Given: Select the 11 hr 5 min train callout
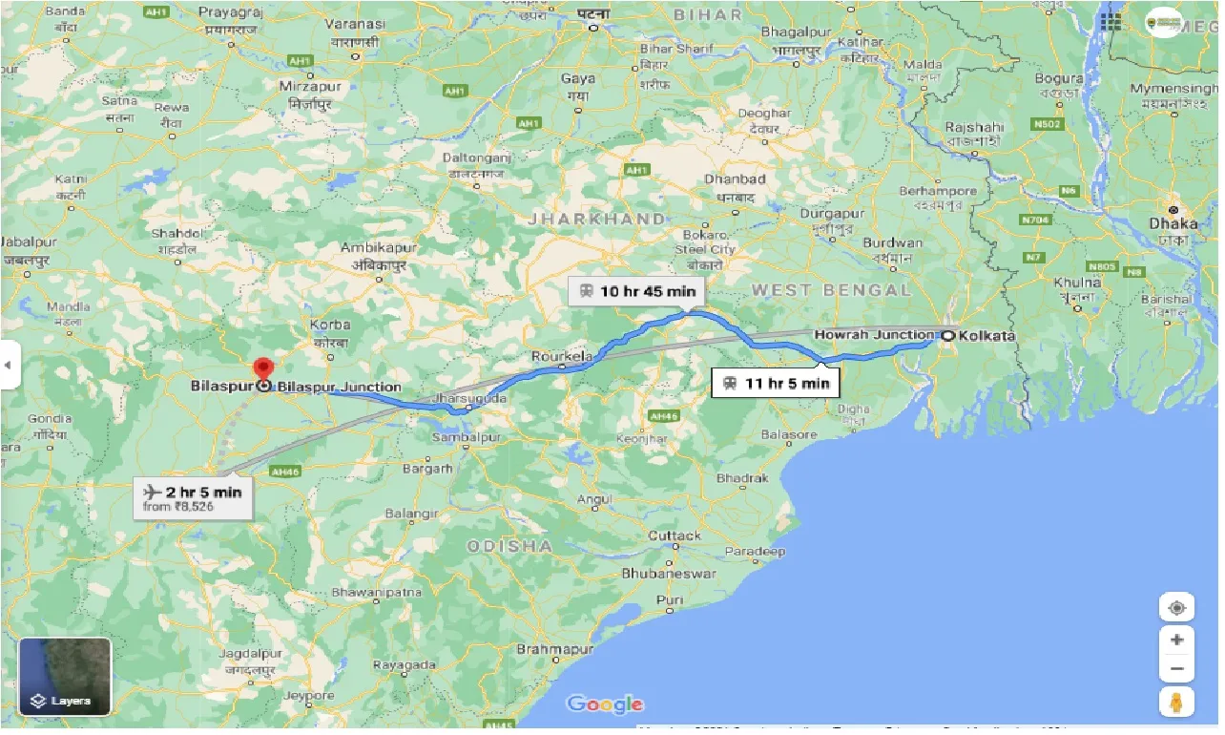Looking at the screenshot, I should [776, 384].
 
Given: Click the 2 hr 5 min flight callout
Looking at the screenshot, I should [193, 497].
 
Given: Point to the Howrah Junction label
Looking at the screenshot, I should [873, 335].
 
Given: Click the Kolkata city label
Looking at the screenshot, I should [986, 336].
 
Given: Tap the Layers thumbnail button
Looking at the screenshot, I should [65, 676].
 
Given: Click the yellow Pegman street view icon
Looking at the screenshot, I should [1176, 702].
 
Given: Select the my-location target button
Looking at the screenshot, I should [1176, 608].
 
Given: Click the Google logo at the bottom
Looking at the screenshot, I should [605, 704].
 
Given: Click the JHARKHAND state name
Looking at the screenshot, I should [597, 219].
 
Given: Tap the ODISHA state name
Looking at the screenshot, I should [509, 546].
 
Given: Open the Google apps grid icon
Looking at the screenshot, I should [1110, 21].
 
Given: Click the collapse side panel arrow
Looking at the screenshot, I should [10, 365].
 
